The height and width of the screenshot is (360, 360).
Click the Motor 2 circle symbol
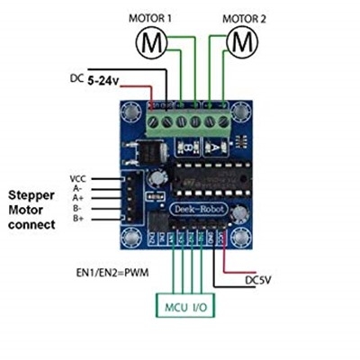click(241, 40)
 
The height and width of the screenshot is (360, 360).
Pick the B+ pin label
click(78, 217)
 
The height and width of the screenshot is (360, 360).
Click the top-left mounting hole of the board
click(133, 112)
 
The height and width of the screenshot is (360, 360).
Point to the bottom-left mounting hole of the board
click(133, 238)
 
